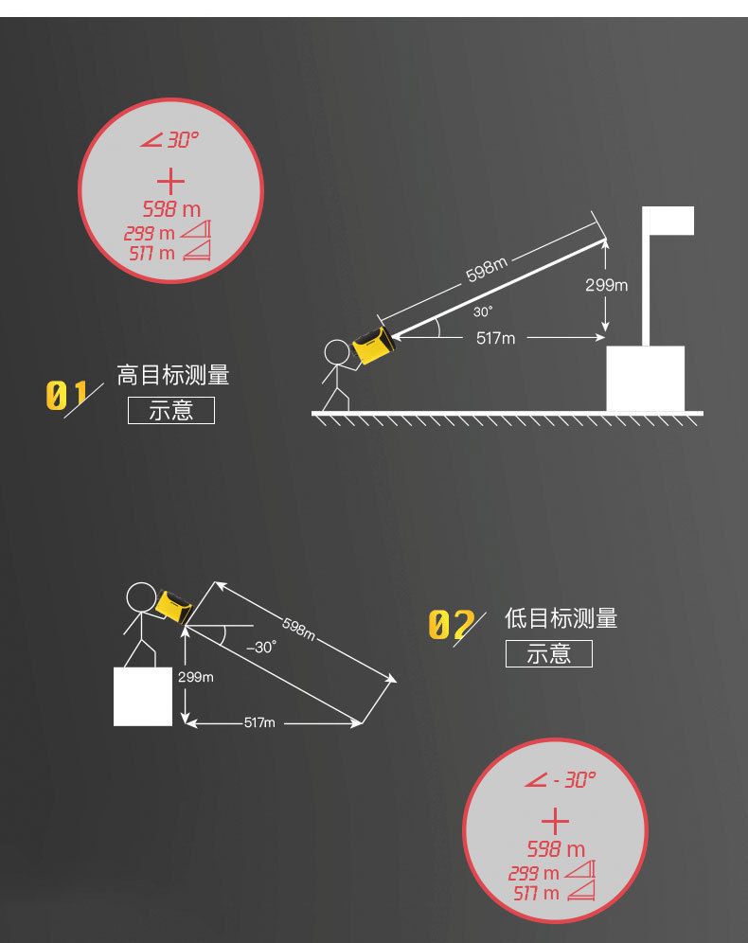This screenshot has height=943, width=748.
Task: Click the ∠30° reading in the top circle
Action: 170,140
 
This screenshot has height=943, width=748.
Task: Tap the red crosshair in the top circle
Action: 170,183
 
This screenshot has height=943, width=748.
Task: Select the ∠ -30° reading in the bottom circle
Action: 561,780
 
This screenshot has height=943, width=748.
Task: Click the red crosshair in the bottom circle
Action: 556,821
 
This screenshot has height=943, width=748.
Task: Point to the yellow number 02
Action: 451,625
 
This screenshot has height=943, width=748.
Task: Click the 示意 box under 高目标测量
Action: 171,411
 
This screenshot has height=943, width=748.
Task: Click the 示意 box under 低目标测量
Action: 549,653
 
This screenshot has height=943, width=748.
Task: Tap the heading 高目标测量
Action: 173,375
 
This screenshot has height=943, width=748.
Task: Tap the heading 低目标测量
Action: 561,619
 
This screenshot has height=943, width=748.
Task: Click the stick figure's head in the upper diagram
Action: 336,353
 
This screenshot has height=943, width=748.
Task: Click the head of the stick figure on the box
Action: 141,598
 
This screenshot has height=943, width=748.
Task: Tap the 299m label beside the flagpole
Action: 606,285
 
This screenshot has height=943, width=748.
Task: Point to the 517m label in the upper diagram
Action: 495,338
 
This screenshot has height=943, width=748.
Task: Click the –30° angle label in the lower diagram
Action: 260,648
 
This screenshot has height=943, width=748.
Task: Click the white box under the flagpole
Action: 645,379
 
